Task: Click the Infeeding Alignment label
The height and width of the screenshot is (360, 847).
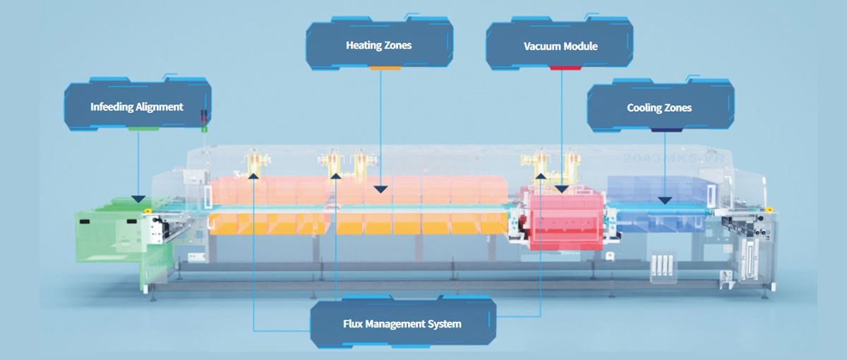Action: [x=137, y=107]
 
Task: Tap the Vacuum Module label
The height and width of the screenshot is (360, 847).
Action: [x=560, y=47]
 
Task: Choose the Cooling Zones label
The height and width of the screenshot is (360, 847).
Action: [x=659, y=108]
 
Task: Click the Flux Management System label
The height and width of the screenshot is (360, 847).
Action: [x=404, y=324]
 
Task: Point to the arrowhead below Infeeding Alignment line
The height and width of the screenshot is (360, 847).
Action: [x=138, y=199]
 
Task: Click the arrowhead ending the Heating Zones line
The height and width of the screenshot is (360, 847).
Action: [x=381, y=188]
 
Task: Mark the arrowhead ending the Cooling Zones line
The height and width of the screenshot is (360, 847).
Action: [x=664, y=200]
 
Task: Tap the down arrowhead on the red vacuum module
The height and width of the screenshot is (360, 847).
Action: [x=561, y=188]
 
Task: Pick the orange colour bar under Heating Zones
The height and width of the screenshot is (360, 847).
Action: [x=385, y=68]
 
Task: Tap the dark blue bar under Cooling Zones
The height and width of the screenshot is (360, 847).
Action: [x=666, y=129]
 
